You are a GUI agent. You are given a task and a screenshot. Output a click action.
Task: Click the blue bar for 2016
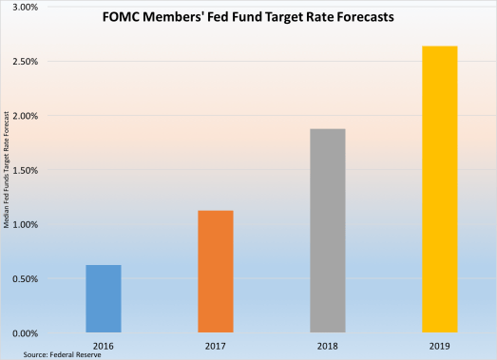(x=103, y=298)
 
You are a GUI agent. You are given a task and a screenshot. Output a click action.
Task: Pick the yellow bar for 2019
(x=439, y=189)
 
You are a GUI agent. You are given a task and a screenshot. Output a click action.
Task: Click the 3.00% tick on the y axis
(x=23, y=7)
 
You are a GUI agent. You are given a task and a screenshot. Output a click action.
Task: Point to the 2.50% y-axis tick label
(x=23, y=62)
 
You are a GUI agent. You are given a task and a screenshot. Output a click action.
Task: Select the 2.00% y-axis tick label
(x=23, y=116)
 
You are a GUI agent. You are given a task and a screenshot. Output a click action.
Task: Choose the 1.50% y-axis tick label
(x=23, y=170)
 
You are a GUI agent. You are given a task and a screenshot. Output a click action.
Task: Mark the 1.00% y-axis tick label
(x=23, y=225)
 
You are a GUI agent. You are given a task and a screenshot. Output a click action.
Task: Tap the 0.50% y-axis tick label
(x=23, y=279)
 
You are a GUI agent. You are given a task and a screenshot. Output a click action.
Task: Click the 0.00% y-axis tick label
(x=23, y=333)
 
